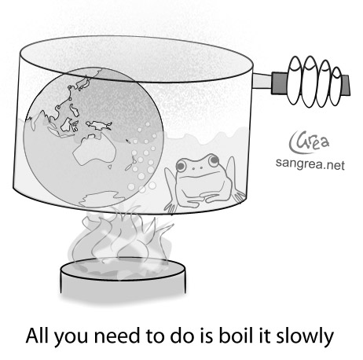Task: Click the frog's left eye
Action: [181, 165]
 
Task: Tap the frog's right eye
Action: [214, 160]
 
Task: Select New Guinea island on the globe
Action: [99, 125]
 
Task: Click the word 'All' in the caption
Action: [38, 336]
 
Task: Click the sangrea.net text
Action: [310, 164]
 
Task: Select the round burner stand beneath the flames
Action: [123, 278]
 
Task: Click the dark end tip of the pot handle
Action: [346, 85]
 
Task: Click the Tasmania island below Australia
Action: [111, 167]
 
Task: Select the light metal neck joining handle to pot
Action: [262, 82]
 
